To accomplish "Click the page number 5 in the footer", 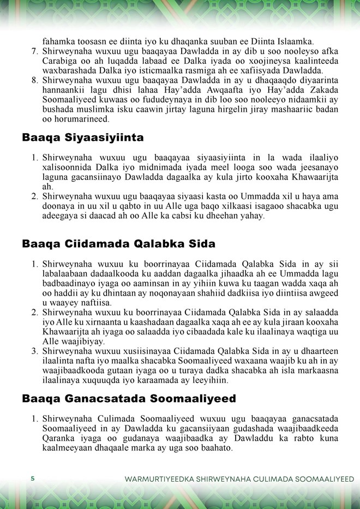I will click(33, 478).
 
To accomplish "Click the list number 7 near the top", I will click(33, 51).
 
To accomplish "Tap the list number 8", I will click(33, 80).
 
